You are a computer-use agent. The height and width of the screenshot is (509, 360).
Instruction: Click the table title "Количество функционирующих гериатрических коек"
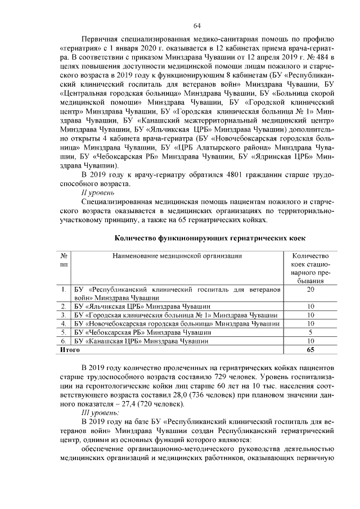pos(205,238)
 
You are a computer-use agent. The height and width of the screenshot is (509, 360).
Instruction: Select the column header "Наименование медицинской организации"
pos(177,256)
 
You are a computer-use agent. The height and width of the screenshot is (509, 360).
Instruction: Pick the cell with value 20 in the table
pos(310,289)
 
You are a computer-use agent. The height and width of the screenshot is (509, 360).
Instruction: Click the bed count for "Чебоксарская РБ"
pos(310,332)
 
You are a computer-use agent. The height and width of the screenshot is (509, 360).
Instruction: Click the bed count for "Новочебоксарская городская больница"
pos(310,323)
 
